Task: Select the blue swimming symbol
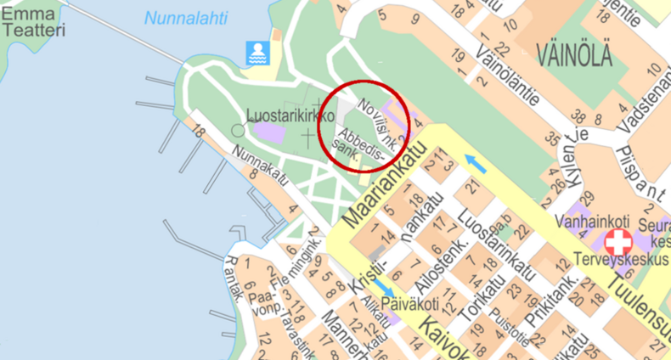click(x=257, y=53)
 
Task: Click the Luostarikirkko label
click(x=290, y=115)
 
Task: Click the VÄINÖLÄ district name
click(x=574, y=57)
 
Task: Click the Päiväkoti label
click(x=409, y=303)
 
